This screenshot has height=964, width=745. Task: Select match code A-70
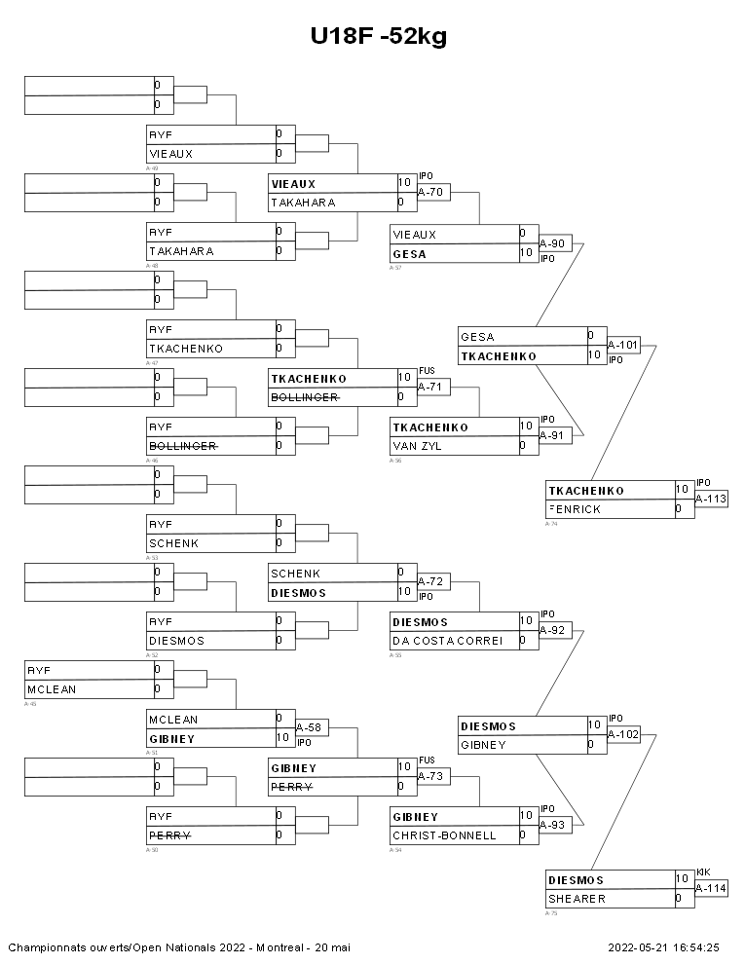pos(430,193)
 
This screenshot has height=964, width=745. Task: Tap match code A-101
pos(623,345)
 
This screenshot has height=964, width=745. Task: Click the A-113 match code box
pos(710,499)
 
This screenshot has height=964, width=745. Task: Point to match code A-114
pos(710,888)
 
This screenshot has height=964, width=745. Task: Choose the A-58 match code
pos(309,727)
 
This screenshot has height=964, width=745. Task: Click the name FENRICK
pos(577,509)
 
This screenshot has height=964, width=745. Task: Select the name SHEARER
pos(577,899)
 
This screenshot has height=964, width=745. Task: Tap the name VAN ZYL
pos(418,446)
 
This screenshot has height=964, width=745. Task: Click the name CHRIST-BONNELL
pos(444,835)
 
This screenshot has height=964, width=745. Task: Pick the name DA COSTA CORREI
pos(447,641)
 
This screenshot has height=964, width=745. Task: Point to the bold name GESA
pos(409,254)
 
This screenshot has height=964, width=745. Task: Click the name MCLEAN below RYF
pos(53,689)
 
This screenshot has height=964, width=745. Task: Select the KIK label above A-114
pos(704,871)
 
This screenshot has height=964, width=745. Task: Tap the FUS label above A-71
pos(427,371)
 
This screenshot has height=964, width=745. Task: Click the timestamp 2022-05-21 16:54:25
pos(663,946)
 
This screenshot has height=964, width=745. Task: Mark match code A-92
pos(553,631)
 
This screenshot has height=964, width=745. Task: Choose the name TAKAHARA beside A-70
pos(303,203)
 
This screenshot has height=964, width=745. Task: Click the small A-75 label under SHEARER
pos(551,913)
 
